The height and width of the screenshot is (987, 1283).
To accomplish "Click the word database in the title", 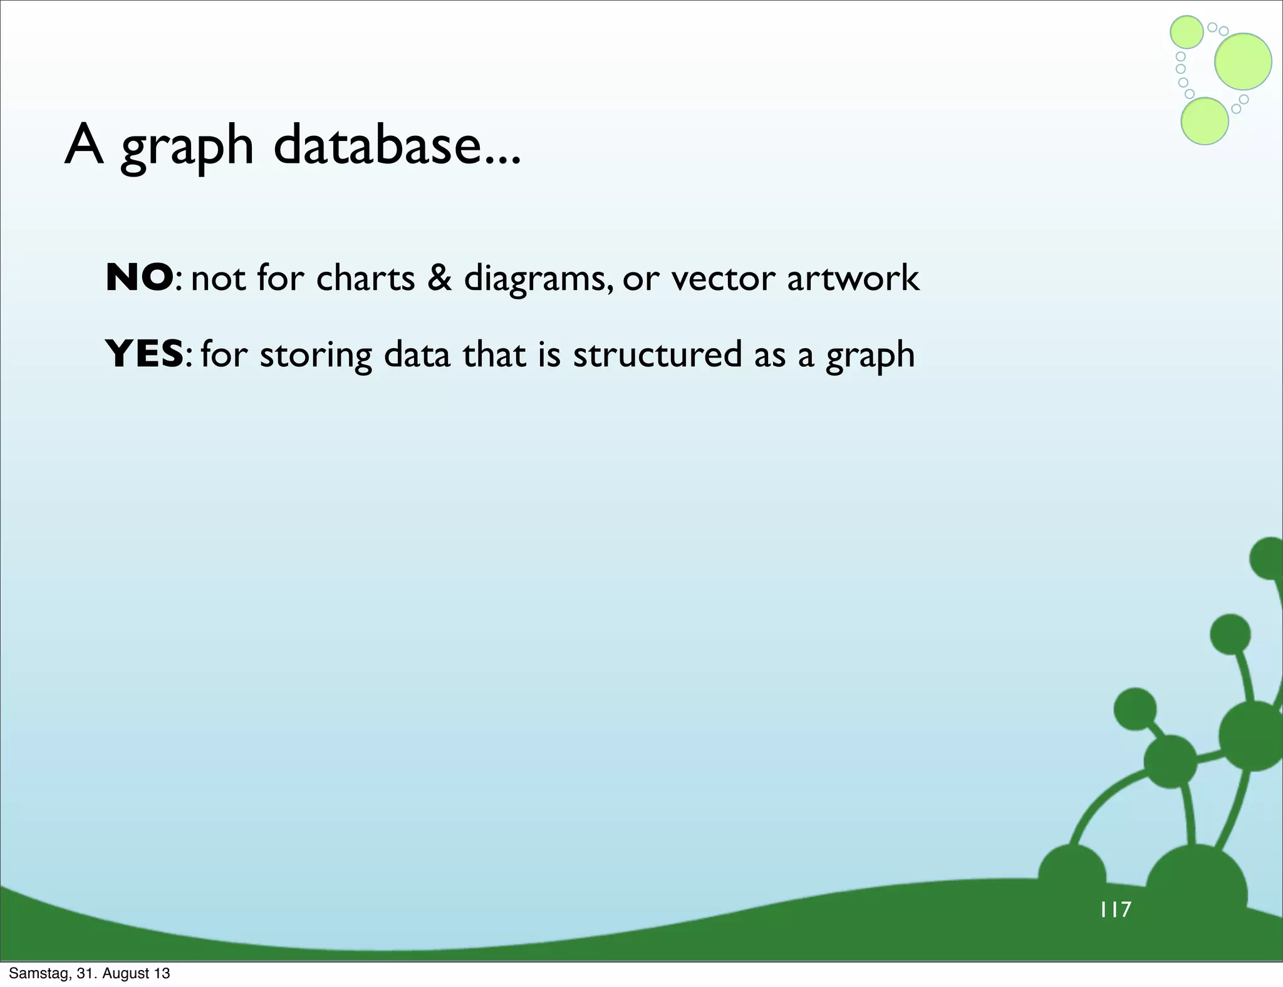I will pyautogui.click(x=397, y=146).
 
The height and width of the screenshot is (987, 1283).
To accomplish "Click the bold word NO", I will pyautogui.click(x=139, y=277).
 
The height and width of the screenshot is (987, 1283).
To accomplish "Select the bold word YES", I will pyautogui.click(x=144, y=354).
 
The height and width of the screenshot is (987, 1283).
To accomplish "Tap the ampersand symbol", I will pyautogui.click(x=439, y=277).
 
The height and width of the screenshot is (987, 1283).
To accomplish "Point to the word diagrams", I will pyautogui.click(x=538, y=279).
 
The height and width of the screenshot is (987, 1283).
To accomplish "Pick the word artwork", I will pyautogui.click(x=853, y=277).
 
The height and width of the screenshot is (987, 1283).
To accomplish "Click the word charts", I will pyautogui.click(x=365, y=277).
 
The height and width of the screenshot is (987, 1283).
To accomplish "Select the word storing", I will pyautogui.click(x=316, y=355).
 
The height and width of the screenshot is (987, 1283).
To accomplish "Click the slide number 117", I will pyautogui.click(x=1116, y=909).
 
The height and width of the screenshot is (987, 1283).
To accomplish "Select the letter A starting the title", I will pyautogui.click(x=84, y=145).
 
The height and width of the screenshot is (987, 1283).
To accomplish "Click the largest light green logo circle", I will pyautogui.click(x=1243, y=61).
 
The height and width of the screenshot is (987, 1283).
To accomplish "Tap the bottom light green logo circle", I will pyautogui.click(x=1204, y=121).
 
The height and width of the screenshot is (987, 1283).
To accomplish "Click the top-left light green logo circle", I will pyautogui.click(x=1187, y=32).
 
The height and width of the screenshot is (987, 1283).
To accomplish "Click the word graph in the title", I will pyautogui.click(x=187, y=147).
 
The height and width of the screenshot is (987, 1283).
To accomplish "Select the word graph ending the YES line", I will pyautogui.click(x=870, y=355).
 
